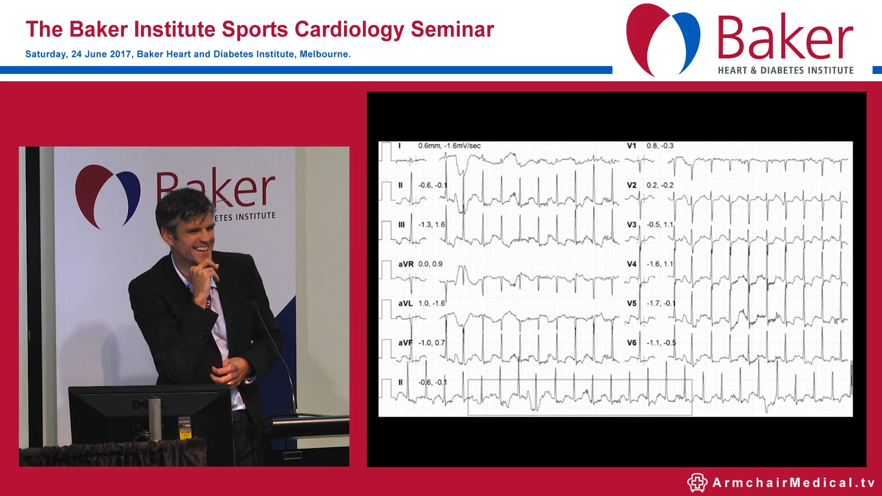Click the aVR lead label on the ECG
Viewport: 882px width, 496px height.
406,264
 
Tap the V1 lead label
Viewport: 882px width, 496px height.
632,146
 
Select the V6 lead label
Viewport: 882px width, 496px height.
632,343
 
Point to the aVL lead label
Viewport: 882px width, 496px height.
405,304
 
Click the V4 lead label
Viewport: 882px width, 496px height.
632,264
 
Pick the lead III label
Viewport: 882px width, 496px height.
401,225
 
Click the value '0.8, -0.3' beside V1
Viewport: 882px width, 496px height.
660,146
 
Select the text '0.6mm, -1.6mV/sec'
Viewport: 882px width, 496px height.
449,146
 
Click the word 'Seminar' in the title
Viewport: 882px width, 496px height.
452,29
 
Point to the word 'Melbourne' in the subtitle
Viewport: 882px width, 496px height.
324,54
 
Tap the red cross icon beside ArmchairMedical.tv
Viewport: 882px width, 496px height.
697,483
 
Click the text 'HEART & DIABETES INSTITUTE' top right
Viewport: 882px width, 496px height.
786,70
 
